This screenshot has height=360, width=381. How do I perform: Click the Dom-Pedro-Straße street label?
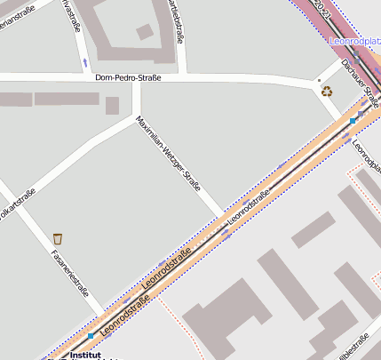[128, 78]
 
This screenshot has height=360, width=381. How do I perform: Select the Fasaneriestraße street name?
[67, 270]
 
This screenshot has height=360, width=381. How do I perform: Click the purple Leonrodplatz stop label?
[354, 41]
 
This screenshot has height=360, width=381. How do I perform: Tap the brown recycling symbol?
[327, 91]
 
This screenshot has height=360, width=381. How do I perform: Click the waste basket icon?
[58, 238]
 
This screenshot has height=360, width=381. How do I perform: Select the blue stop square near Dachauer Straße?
[353, 120]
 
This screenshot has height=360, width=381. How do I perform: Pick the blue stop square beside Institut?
[90, 336]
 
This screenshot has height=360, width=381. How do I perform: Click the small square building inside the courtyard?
[145, 32]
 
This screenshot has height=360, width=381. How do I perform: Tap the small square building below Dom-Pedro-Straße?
[112, 106]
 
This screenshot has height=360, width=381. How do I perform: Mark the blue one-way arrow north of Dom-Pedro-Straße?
[84, 61]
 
